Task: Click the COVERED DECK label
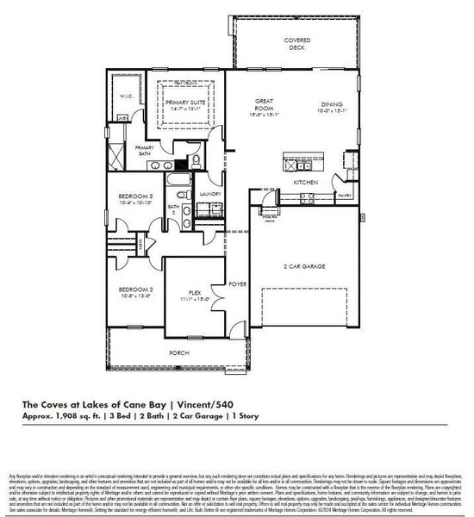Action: point(297,44)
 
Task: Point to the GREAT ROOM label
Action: point(263,105)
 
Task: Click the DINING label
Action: point(332,105)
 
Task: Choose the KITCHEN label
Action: point(306,184)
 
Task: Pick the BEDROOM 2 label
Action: point(135,290)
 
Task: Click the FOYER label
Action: point(236,283)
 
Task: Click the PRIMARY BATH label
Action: point(144,150)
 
